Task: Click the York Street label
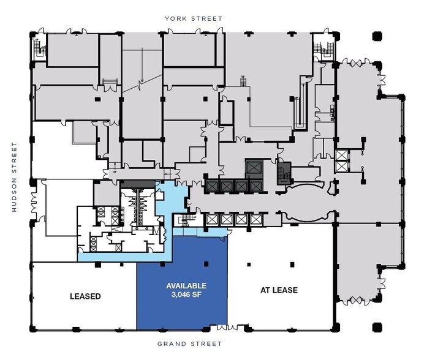tap(194, 18)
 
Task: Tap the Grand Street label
tap(190, 343)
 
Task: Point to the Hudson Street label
tap(14, 177)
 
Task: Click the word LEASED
tap(85, 296)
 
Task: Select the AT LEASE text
tap(279, 290)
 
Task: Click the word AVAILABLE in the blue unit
tap(186, 286)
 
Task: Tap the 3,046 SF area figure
tap(186, 294)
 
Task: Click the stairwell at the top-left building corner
tap(39, 47)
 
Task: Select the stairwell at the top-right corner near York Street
tap(323, 48)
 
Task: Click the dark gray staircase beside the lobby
tap(284, 174)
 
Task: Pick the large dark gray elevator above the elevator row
tap(254, 168)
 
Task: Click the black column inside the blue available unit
tap(206, 264)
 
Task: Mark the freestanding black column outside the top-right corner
tap(377, 36)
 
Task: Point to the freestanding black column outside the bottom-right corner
tap(377, 327)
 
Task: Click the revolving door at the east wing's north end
tap(356, 64)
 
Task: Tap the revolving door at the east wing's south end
tap(356, 301)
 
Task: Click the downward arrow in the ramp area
tap(142, 66)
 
